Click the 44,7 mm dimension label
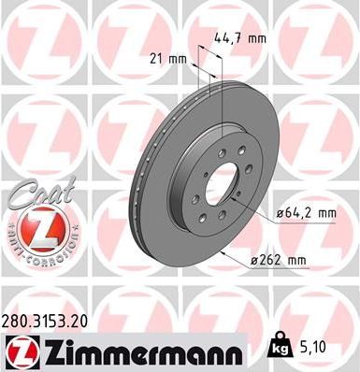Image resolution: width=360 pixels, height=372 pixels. (x=248, y=39)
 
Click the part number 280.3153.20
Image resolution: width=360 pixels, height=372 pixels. (x=50, y=320)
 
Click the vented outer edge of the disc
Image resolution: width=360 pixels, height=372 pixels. (x=150, y=192)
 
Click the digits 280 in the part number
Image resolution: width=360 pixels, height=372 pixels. (x=16, y=320)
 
